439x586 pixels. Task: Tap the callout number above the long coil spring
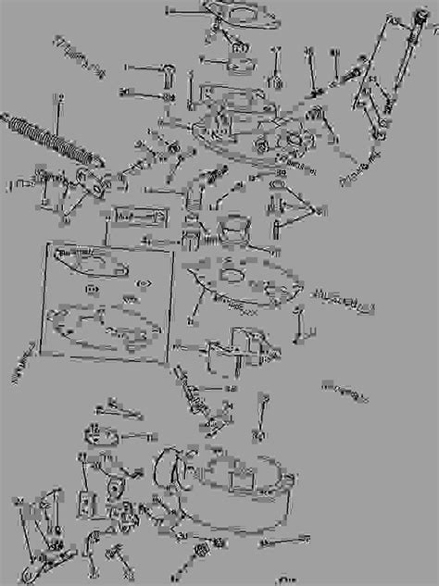pos(58,98)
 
